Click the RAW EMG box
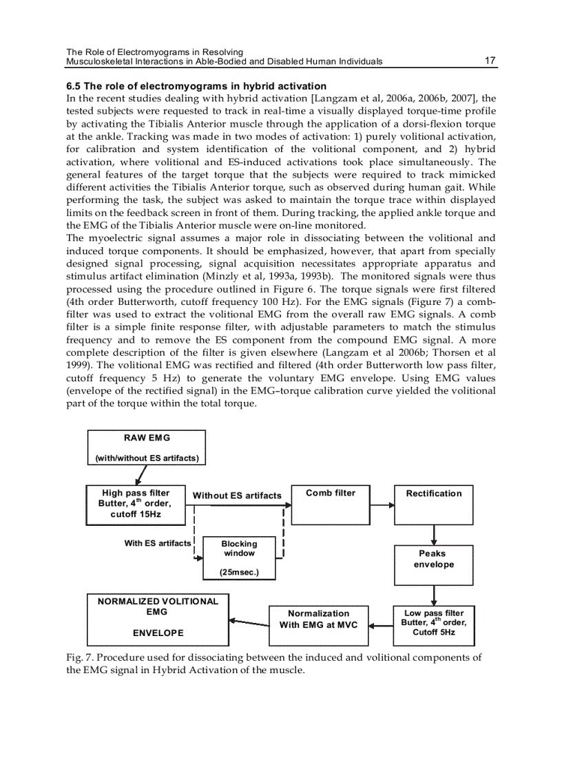coord(146,447)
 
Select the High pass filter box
coord(136,505)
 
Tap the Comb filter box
coord(330,505)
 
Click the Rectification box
coord(434,505)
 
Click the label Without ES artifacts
coord(237,496)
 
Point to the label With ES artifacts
coord(157,543)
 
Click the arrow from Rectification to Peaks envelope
coord(435,535)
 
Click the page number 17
coord(490,61)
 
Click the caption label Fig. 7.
coord(79,657)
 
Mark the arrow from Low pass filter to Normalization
coord(382,626)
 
